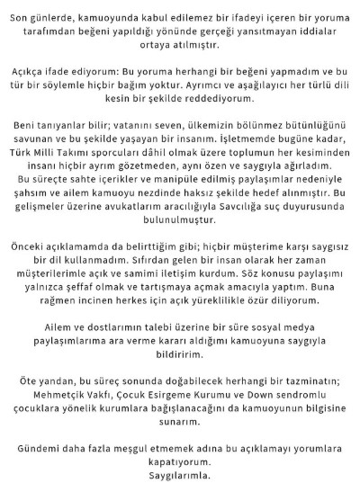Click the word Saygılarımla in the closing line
180,472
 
